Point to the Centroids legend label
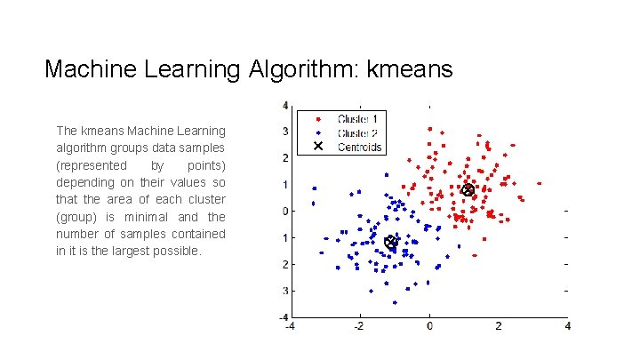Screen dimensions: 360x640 [x=360, y=147]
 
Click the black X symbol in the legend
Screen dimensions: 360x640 [x=318, y=147]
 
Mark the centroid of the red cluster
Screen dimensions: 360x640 [x=468, y=190]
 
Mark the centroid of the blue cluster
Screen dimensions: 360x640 [x=390, y=242]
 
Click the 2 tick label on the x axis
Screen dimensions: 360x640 [x=499, y=327]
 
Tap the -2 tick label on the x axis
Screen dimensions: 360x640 [x=357, y=327]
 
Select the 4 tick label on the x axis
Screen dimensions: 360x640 [x=567, y=327]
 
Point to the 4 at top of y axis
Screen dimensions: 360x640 [x=284, y=106]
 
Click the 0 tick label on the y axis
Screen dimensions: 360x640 [x=284, y=212]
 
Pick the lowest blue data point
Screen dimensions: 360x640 [x=395, y=302]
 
